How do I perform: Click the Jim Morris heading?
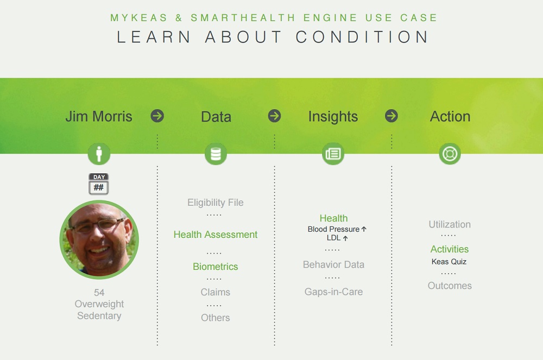pos(99,116)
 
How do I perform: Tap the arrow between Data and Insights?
pos(274,116)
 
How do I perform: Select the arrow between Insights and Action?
pos(392,116)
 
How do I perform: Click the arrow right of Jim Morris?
pos(157,116)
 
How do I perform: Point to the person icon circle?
pos(99,154)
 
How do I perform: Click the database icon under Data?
pos(216,154)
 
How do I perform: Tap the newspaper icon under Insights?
pos(333,154)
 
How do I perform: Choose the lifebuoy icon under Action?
pos(450,154)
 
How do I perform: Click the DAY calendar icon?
pos(99,184)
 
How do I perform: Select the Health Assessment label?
pos(216,235)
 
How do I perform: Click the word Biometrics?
pos(216,267)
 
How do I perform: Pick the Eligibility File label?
pos(216,203)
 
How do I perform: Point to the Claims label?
pos(216,292)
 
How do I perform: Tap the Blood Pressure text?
pos(333,229)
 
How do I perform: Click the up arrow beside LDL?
pos(345,238)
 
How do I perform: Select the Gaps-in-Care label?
pos(333,292)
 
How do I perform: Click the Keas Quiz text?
pos(449,262)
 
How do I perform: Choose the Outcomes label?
pos(450,286)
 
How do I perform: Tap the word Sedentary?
pos(99,315)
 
